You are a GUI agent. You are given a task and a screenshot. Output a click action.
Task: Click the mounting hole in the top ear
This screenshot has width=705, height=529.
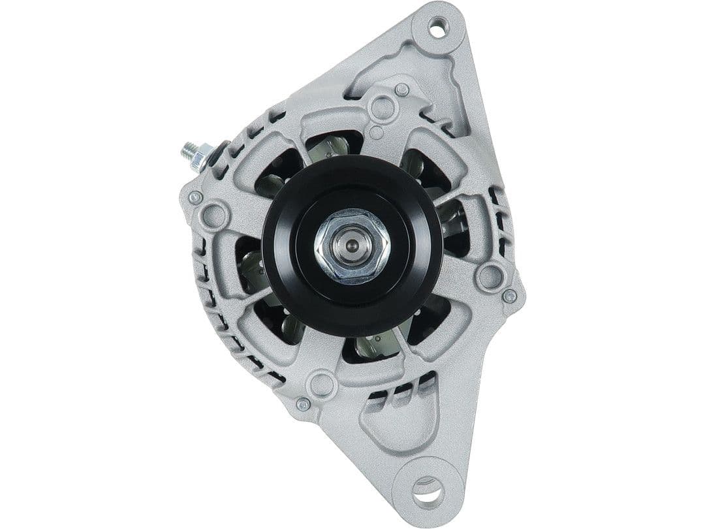437,27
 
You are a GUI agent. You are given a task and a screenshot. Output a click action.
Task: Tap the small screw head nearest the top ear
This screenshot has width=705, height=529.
403,89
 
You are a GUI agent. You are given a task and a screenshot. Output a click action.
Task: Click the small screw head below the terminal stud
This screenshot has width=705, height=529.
195,197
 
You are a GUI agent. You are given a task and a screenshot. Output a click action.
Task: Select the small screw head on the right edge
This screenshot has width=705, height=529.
510,296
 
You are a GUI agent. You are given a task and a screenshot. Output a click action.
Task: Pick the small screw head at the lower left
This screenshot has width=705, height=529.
302,404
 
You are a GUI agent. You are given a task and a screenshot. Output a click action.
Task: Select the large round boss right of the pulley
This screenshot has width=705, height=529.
489,277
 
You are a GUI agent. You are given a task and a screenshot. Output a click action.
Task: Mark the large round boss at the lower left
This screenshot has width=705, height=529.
322,383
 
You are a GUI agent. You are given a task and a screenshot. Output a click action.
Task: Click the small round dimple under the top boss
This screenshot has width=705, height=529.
376,133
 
